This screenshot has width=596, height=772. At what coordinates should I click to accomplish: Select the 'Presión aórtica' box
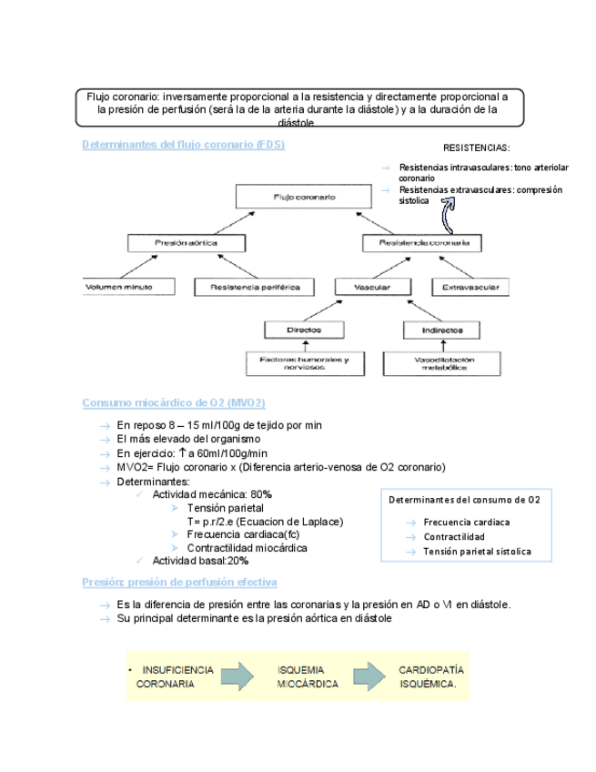(x=187, y=243)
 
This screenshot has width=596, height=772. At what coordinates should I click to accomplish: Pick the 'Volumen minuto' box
(x=119, y=287)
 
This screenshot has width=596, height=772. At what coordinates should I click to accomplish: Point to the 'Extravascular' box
(x=470, y=287)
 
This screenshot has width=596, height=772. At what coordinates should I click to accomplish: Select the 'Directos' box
(x=303, y=329)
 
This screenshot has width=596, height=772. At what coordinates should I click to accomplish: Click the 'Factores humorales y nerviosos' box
(x=303, y=363)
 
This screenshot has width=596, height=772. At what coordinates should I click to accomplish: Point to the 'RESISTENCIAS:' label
(x=476, y=147)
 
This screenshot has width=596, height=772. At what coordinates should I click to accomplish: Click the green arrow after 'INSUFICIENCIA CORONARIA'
(x=237, y=677)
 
